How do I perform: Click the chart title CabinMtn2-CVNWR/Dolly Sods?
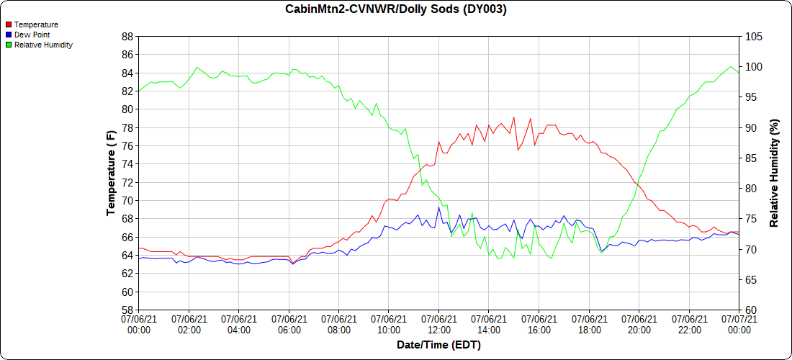pyautogui.click(x=396, y=9)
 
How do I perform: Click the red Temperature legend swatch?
pyautogui.click(x=9, y=24)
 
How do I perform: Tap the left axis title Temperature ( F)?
pyautogui.click(x=111, y=173)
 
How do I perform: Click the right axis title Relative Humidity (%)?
pyautogui.click(x=775, y=173)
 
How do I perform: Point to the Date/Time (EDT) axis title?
pyautogui.click(x=438, y=345)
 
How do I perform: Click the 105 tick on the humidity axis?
pyautogui.click(x=753, y=36)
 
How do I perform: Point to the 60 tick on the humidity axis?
pyautogui.click(x=750, y=310)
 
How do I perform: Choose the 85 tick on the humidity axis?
pyautogui.click(x=750, y=158)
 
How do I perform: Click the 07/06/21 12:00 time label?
pyautogui.click(x=438, y=324)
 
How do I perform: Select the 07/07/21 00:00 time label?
pyautogui.click(x=739, y=324)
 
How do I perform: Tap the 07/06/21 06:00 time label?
pyautogui.click(x=289, y=324)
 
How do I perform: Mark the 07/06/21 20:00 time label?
pyautogui.click(x=639, y=324)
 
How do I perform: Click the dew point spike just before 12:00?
pyautogui.click(x=438, y=207)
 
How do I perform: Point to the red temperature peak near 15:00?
pyautogui.click(x=513, y=117)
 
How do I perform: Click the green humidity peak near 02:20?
pyautogui.click(x=197, y=68)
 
